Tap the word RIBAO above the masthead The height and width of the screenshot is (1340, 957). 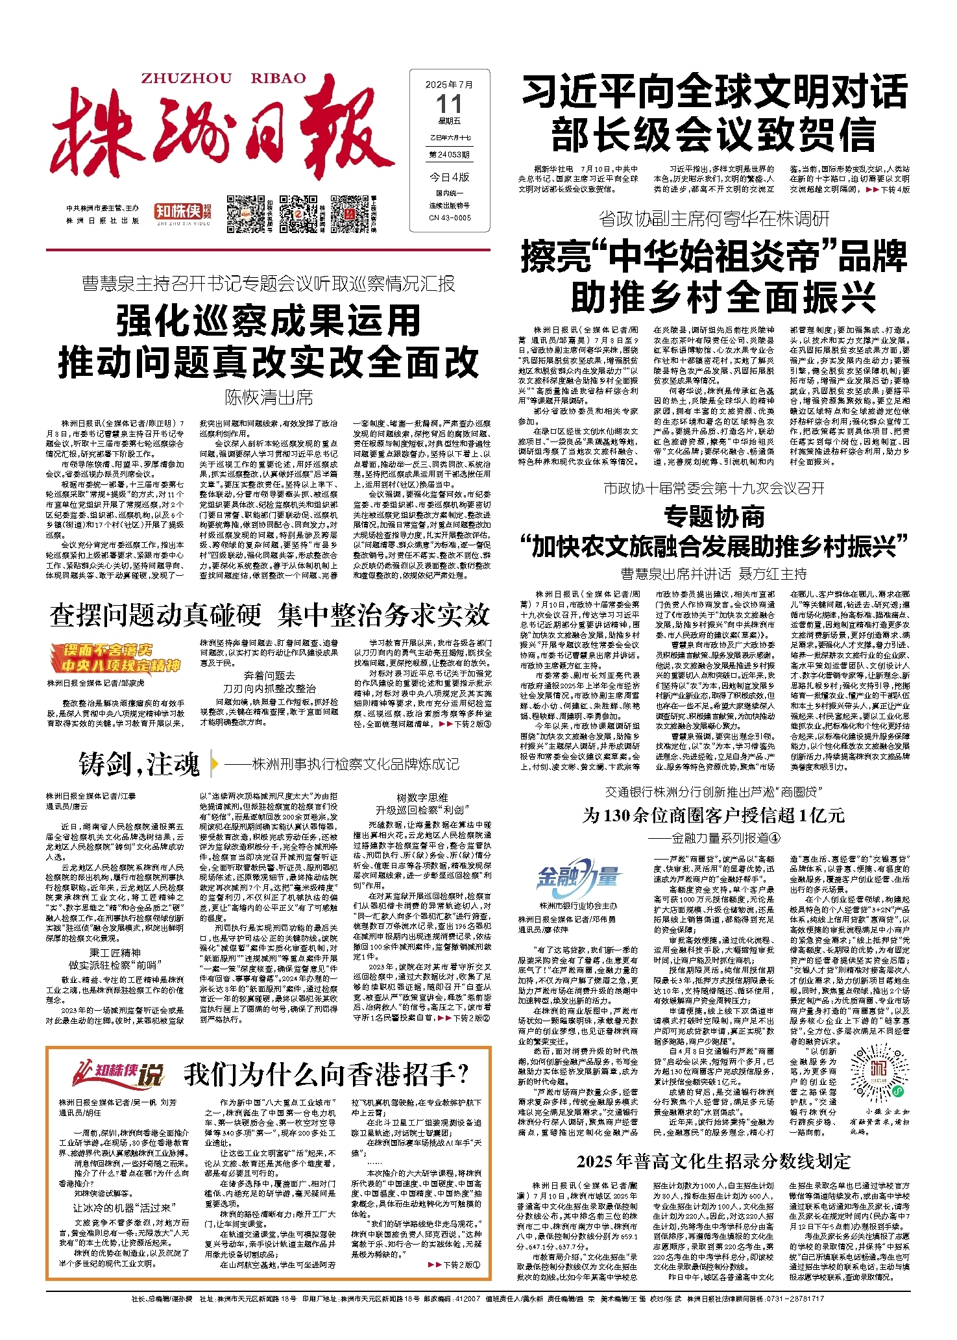pos(278,79)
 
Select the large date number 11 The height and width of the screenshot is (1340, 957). pos(449,104)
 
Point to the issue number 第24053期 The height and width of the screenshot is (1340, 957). pos(449,155)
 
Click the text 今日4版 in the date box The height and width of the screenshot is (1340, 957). pos(449,177)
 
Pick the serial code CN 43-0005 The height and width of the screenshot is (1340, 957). pos(450,218)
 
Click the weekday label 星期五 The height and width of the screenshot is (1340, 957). pos(449,121)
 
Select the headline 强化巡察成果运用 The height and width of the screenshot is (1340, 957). pos(269,321)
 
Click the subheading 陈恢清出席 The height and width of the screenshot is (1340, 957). pos(269,397)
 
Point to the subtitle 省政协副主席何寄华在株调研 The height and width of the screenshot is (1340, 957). pos(714,219)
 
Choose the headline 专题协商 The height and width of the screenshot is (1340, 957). pos(714,517)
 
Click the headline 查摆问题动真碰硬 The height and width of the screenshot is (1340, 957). pos(155,615)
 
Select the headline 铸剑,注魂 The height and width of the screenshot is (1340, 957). pos(139,764)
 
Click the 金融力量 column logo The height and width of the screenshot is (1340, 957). pos(577,878)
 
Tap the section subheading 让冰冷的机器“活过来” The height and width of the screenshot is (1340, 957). pos(122,1208)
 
